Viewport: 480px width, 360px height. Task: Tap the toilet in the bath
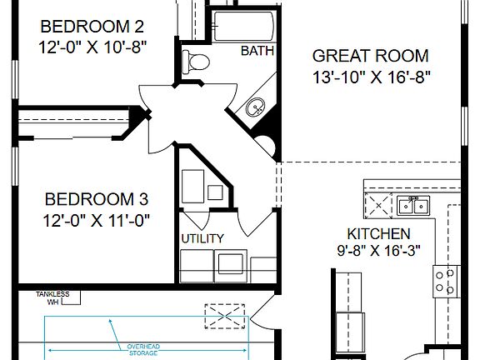197,61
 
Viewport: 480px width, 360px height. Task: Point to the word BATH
257,52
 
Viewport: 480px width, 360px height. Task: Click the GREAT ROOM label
370,57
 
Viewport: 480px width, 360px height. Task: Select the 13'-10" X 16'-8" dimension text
370,79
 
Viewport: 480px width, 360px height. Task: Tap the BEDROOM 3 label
96,199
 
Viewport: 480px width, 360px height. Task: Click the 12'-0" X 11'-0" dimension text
96,221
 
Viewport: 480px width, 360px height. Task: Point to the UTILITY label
202,238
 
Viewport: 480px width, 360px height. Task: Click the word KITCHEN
378,234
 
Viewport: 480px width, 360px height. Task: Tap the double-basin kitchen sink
412,204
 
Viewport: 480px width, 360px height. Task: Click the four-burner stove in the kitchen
446,282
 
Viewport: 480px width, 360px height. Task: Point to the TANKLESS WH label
52,297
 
